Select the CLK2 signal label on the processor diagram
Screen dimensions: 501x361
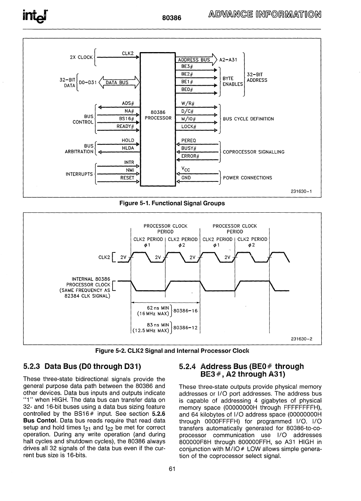point(128,54)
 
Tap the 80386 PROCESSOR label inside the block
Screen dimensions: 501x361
point(158,115)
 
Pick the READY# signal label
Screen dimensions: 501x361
point(125,126)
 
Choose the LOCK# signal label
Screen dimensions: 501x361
point(189,127)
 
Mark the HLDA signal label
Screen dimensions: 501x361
point(128,148)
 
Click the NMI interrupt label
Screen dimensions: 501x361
point(130,170)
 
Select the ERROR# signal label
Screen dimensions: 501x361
point(190,156)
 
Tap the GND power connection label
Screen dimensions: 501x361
point(186,178)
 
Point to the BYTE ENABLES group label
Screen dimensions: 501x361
point(233,81)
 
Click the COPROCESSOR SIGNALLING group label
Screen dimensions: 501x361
point(253,152)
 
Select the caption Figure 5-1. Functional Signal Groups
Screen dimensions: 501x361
point(172,203)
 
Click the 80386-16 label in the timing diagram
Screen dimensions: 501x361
point(186,310)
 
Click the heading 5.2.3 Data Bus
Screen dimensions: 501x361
point(82,366)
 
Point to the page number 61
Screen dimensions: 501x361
point(172,469)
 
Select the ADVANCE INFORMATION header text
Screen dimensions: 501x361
point(265,15)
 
